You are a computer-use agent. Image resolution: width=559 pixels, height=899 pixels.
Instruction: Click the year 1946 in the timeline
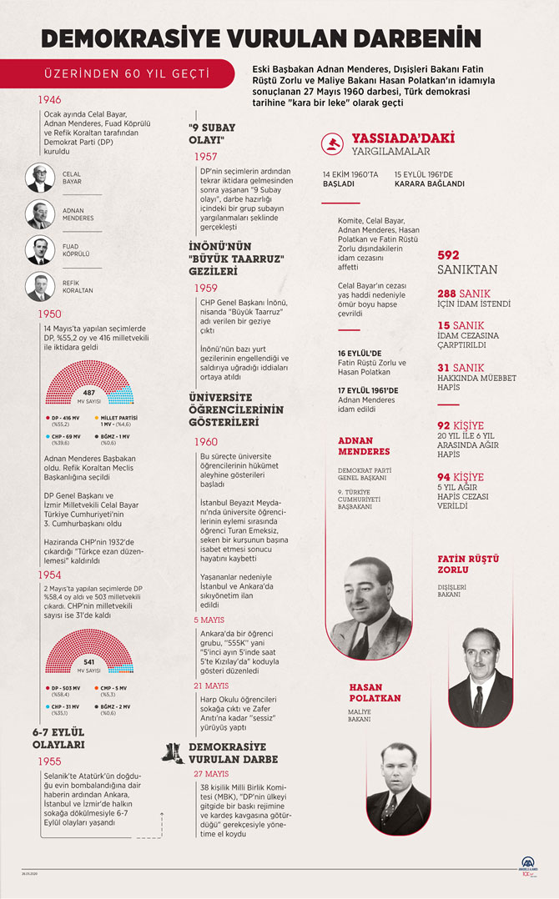click(x=49, y=99)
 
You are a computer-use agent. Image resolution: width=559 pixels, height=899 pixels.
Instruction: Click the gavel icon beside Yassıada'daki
click(x=332, y=145)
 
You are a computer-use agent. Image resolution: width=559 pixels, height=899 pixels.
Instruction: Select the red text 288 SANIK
click(x=464, y=294)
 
